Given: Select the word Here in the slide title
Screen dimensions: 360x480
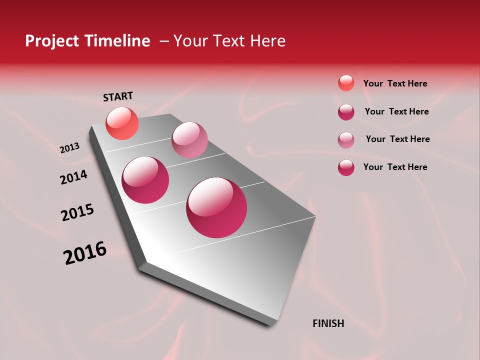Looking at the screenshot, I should point(267,41).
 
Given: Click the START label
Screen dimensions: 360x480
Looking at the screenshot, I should point(118,96).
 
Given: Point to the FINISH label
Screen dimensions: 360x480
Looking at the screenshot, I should point(328,323).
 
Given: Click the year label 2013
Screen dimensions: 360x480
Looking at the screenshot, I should point(70,148).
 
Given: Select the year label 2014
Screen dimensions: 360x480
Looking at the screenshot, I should point(74,177).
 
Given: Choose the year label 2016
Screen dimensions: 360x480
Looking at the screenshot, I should point(85,252).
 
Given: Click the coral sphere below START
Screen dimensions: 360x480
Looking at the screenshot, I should point(122,123).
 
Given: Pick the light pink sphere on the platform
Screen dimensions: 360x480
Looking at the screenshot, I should point(189,139).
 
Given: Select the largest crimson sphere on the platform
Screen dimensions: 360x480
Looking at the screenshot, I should point(216,207).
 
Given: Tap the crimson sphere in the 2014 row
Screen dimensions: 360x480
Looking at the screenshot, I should point(145,180).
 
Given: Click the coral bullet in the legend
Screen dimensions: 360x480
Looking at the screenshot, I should point(346,83).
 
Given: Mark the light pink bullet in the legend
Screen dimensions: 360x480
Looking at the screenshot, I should point(346,140).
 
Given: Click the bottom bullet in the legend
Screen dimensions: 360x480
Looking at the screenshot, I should point(346,167).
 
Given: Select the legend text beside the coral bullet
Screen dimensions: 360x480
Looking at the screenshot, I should point(395,83).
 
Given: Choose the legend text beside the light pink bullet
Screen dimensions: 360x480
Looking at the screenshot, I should point(397,139).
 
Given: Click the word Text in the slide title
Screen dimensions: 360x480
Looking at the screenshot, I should point(230,41).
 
